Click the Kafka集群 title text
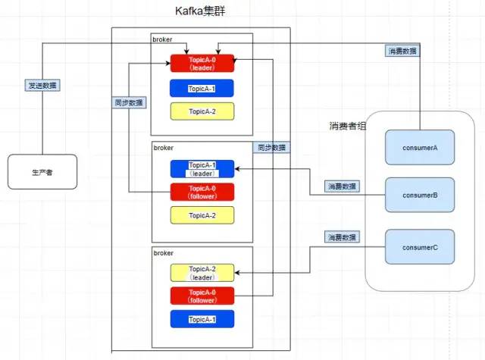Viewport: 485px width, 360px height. coord(201,13)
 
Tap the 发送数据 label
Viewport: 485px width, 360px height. coord(42,86)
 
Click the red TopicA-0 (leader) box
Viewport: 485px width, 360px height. coord(202,64)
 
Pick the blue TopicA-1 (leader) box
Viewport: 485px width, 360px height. coord(202,168)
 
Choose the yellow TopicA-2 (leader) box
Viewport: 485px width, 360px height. coord(202,272)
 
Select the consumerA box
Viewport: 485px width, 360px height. coord(419,148)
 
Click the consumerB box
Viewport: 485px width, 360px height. coord(419,195)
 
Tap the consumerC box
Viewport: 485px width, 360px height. coord(419,247)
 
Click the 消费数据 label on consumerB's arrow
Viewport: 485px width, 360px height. coord(343,186)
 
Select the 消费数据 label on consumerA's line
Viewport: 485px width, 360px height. coord(401,52)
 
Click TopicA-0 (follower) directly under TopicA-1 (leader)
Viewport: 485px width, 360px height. coord(202,192)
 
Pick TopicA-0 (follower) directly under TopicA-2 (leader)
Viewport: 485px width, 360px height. coord(202,296)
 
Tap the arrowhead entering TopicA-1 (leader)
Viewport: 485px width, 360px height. coord(237,169)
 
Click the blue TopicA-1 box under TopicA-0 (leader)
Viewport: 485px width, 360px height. coord(202,89)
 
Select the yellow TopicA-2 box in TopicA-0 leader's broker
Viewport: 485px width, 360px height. coord(202,111)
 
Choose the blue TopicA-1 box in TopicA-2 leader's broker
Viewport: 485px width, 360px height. coord(202,319)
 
